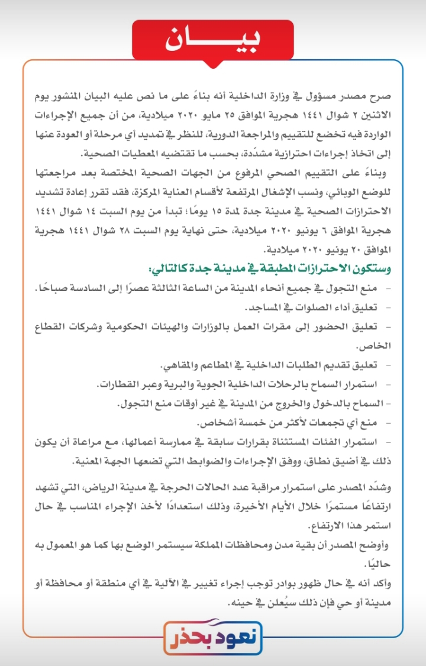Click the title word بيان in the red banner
(x=213, y=40)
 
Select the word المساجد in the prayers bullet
(x=264, y=308)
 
